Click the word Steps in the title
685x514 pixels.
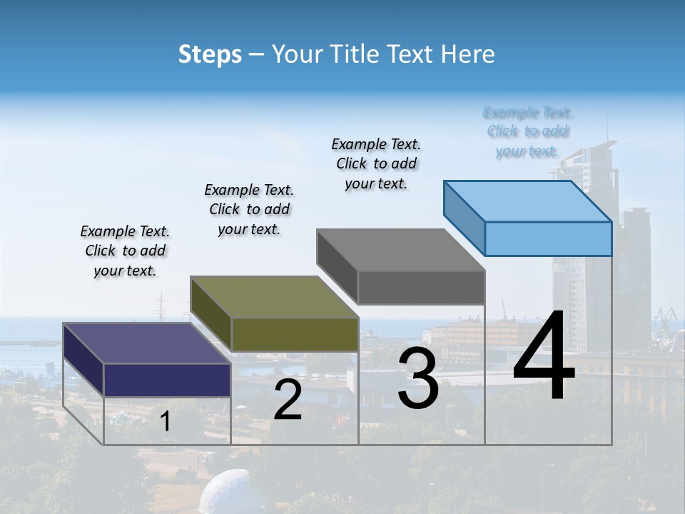pos(209,54)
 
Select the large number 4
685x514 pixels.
pos(544,357)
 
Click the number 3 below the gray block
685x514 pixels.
pos(418,378)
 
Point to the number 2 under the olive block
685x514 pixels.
pos(288,400)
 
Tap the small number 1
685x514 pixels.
pos(165,422)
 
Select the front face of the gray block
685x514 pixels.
pos(421,288)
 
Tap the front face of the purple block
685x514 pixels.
pos(167,380)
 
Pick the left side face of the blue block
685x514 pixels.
pos(464,218)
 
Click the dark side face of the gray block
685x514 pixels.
pos(337,264)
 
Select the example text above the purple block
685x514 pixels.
pos(125,251)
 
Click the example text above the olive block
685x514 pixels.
pos(249,210)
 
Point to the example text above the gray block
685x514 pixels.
pos(376,164)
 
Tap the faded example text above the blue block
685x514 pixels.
pos(528,131)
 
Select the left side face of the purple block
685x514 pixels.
pos(83,359)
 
